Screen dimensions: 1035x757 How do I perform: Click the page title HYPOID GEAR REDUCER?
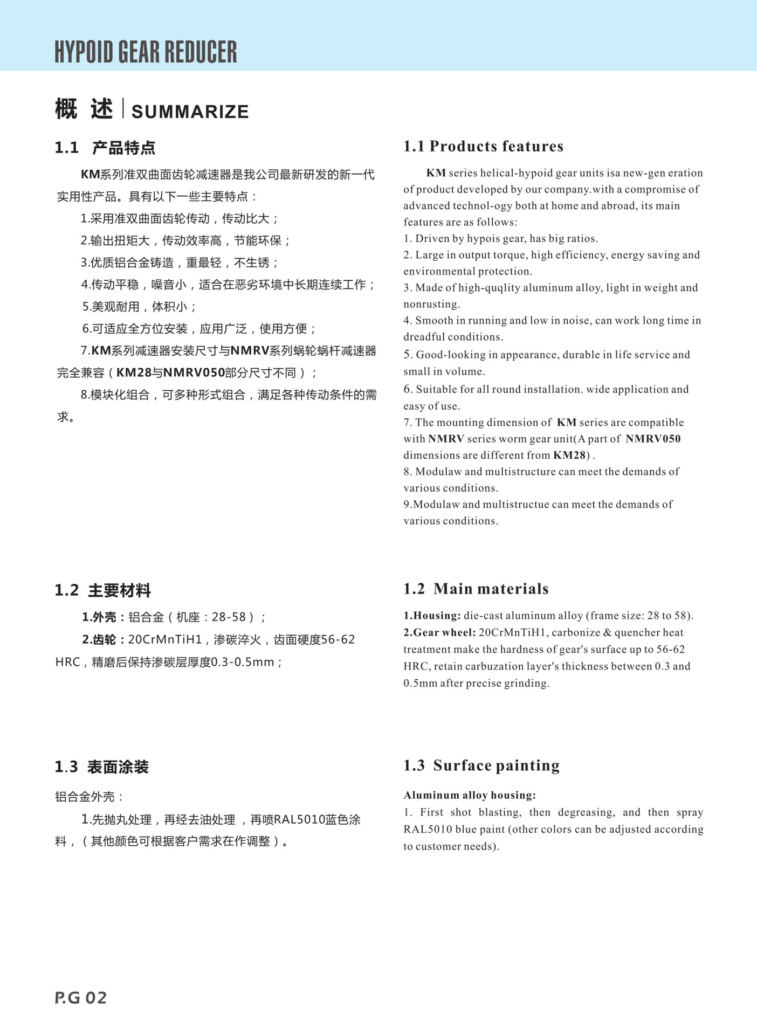(x=146, y=52)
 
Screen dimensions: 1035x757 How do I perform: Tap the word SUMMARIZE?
(x=190, y=112)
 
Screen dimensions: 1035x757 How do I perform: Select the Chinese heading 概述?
(x=84, y=109)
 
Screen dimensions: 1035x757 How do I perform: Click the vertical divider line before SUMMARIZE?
(x=123, y=108)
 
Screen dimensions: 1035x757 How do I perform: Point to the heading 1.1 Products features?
(x=483, y=146)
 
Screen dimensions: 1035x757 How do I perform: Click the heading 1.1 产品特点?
(x=105, y=148)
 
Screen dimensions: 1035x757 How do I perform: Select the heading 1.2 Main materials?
(x=476, y=589)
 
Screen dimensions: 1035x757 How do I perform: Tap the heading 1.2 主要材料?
(x=102, y=590)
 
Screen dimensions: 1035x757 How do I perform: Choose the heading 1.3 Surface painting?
(x=481, y=765)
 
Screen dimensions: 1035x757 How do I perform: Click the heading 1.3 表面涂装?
(x=101, y=767)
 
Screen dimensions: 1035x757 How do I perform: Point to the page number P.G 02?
(x=81, y=998)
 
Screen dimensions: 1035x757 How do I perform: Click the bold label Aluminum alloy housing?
(x=470, y=795)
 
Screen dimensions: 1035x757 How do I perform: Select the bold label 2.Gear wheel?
(x=439, y=632)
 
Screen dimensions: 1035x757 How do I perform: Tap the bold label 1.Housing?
(x=432, y=616)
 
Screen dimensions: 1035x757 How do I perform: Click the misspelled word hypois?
(x=484, y=238)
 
